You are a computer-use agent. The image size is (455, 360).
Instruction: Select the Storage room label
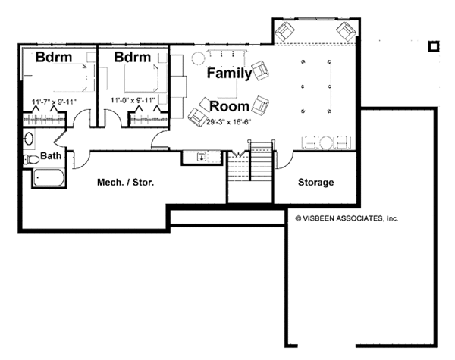tap(315, 183)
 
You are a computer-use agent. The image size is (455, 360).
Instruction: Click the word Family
tap(230, 74)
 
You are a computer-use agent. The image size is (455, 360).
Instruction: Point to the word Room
tap(230, 105)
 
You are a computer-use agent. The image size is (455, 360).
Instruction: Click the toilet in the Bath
tap(29, 159)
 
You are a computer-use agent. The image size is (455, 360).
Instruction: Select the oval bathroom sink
tap(28, 138)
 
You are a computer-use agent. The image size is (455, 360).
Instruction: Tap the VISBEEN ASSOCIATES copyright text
tap(346, 218)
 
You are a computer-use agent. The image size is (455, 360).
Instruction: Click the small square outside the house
tap(433, 46)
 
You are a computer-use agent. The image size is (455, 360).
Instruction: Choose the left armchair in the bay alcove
tap(287, 31)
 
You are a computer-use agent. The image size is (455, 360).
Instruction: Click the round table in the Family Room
tap(199, 58)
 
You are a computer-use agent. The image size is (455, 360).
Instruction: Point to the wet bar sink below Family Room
tap(200, 158)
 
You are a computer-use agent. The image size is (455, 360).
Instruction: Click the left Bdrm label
tap(55, 58)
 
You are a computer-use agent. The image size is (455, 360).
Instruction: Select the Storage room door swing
tap(284, 159)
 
